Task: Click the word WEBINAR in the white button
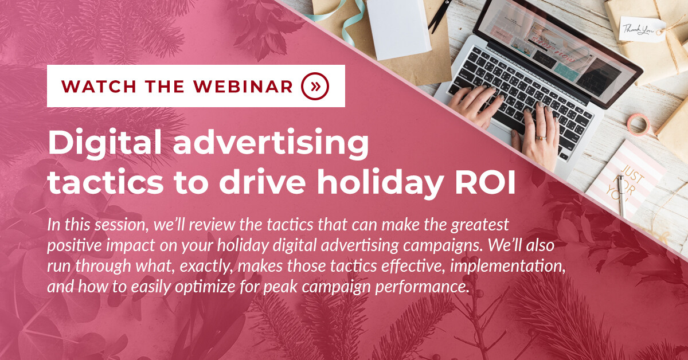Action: pos(243,87)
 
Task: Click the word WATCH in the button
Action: pos(99,87)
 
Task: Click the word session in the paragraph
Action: pos(119,225)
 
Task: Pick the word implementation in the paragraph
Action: pos(507,267)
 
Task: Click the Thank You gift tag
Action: pos(641,29)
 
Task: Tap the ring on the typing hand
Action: pos(541,138)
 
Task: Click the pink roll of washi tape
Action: pos(638,124)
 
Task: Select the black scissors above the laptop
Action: pos(439,14)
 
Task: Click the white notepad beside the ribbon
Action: pos(398,28)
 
